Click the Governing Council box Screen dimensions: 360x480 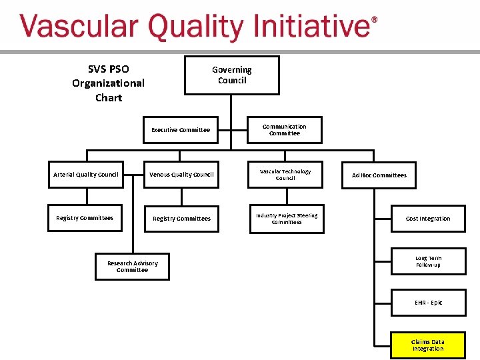pyautogui.click(x=231, y=75)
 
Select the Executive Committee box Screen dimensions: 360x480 pyautogui.click(x=181, y=130)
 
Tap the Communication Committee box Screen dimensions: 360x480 pyautogui.click(x=285, y=130)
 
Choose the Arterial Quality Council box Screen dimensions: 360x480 pyautogui.click(x=85, y=175)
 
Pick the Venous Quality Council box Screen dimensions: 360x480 pyautogui.click(x=181, y=175)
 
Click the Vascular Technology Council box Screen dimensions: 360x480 pyautogui.click(x=285, y=175)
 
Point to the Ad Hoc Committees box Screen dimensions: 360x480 pyautogui.click(x=379, y=175)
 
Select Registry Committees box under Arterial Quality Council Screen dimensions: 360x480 pyautogui.click(x=85, y=218)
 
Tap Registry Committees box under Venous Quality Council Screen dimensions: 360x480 pyautogui.click(x=181, y=219)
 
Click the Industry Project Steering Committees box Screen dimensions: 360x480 pyautogui.click(x=287, y=219)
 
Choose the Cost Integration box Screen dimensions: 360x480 pyautogui.click(x=428, y=219)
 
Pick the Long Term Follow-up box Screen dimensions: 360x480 pyautogui.click(x=428, y=261)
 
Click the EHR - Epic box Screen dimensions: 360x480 pyautogui.click(x=428, y=303)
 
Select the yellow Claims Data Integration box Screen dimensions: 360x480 pyautogui.click(x=428, y=345)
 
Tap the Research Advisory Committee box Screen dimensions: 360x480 pyautogui.click(x=132, y=267)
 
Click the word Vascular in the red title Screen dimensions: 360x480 pyautogui.click(x=79, y=28)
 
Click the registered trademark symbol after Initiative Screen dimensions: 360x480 pyautogui.click(x=374, y=21)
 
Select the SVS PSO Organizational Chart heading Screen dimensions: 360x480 pyautogui.click(x=108, y=83)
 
